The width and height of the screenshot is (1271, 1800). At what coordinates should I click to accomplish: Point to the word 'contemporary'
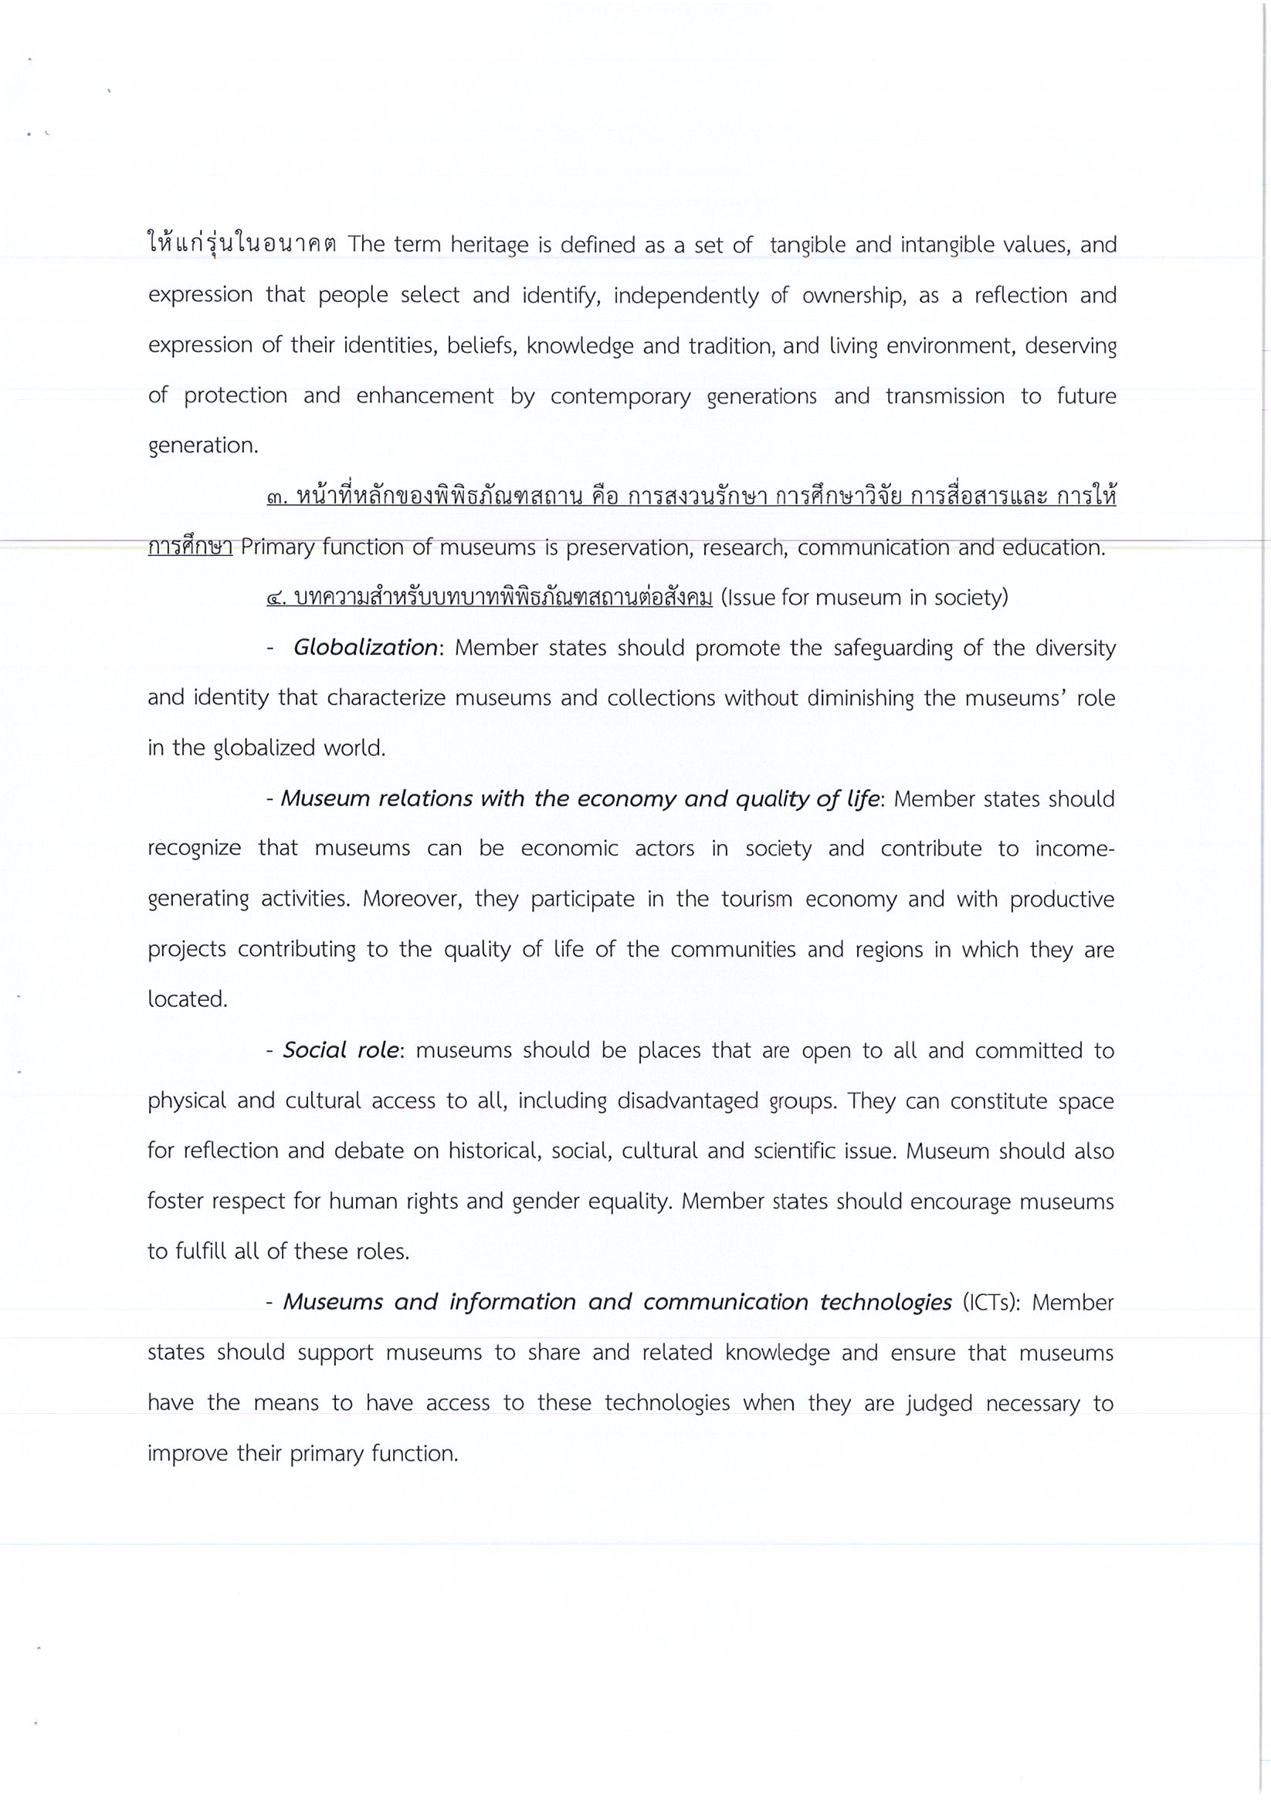point(620,397)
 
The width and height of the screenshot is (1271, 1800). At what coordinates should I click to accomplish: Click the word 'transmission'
point(944,397)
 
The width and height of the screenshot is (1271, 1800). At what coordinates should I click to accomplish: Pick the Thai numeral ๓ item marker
point(276,498)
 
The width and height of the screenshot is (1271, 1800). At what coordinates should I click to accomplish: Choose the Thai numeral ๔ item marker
point(276,599)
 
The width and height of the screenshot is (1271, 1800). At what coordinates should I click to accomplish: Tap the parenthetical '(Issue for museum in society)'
point(863,598)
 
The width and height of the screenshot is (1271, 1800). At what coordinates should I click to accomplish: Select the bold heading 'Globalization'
point(365,648)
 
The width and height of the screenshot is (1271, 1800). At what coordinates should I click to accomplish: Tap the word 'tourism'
point(755,899)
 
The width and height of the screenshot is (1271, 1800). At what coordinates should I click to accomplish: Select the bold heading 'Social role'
point(341,1050)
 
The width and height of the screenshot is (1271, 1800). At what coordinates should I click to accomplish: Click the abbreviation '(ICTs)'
point(990,1303)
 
